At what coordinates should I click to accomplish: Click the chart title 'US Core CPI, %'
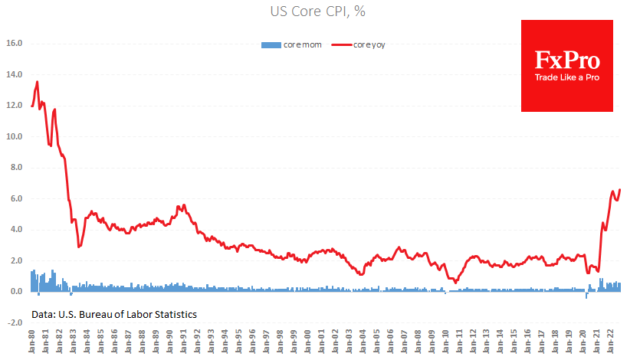[x=320, y=12]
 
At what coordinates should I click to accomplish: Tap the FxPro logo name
[x=567, y=61]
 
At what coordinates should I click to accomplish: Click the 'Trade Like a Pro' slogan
[x=567, y=79]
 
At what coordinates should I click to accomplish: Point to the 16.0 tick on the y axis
[x=15, y=44]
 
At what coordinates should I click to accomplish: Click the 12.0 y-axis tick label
[x=15, y=106]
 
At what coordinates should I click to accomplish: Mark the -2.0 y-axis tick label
[x=15, y=322]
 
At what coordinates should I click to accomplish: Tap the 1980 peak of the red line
[x=38, y=82]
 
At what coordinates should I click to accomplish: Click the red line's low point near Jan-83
[x=79, y=247]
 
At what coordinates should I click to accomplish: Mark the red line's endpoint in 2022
[x=619, y=189]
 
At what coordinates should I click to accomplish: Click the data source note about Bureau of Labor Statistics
[x=114, y=315]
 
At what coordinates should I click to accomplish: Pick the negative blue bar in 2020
[x=586, y=295]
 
